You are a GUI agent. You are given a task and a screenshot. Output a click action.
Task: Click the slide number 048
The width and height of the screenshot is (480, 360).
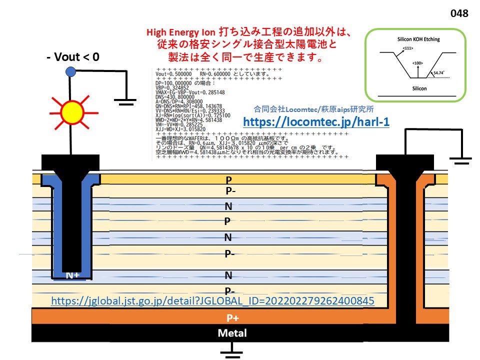[459, 13]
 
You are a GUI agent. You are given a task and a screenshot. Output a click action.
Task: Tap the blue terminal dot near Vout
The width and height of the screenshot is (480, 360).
[70, 71]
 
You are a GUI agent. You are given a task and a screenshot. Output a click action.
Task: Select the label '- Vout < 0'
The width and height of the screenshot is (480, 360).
[72, 57]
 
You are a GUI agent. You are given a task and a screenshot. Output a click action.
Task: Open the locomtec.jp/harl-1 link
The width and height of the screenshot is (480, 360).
[316, 122]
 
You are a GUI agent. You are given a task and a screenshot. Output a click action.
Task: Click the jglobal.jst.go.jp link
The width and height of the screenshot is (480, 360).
[212, 301]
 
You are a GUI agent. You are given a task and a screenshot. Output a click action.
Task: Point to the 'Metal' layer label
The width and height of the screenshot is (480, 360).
[232, 333]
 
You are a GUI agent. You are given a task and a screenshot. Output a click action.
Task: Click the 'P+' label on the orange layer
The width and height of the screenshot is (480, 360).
[232, 317]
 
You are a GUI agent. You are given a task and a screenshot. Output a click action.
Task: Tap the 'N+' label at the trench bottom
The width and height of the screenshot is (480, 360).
[73, 274]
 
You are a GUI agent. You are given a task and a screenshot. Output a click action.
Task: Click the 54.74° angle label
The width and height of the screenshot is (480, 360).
[439, 72]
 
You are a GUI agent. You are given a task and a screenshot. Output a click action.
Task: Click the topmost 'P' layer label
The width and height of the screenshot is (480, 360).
[229, 179]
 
